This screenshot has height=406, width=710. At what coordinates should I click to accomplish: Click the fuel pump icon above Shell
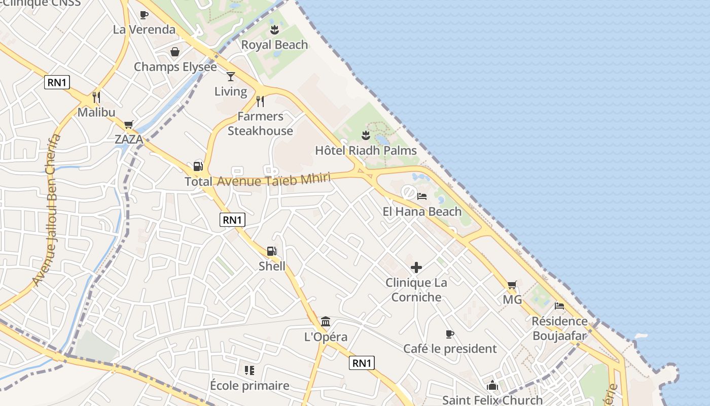272,251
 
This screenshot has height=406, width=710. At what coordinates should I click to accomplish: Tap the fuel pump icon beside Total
198,166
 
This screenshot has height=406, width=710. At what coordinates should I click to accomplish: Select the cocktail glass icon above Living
231,77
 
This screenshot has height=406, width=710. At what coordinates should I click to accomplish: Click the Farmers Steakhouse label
260,123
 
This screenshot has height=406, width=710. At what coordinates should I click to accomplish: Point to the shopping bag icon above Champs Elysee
175,52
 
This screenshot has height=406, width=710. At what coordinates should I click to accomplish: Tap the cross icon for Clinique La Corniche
416,267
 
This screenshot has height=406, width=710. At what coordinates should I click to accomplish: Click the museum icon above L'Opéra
326,322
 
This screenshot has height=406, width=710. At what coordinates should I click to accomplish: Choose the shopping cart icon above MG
512,285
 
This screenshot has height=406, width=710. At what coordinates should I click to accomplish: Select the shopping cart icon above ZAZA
128,124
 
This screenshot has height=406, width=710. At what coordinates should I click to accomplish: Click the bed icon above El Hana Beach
422,196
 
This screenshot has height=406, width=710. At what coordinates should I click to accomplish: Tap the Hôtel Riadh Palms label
366,150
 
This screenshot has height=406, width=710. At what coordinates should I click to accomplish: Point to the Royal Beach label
274,45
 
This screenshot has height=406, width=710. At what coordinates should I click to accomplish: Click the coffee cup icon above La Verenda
144,15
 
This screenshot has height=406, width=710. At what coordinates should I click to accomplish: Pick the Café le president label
450,349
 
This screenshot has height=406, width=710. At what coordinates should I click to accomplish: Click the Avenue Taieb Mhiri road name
274,180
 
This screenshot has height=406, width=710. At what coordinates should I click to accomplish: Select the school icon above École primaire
249,370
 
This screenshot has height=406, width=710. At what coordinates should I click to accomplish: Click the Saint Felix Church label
492,400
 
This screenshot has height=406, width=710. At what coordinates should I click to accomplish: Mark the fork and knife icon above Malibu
96,97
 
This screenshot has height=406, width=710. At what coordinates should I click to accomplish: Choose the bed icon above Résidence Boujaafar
559,306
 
